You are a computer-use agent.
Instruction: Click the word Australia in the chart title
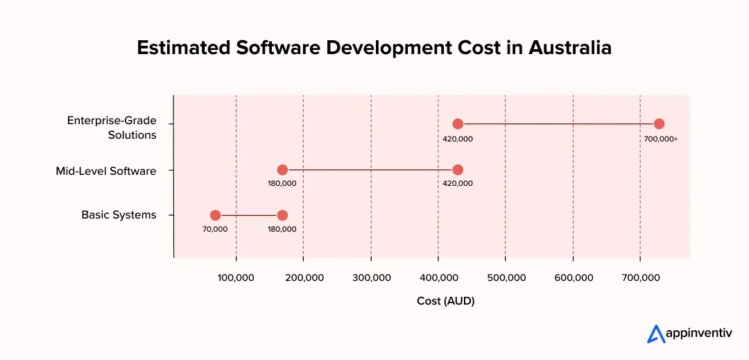(x=570, y=48)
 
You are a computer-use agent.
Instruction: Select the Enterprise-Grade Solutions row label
(x=112, y=128)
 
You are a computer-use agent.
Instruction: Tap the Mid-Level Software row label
(x=106, y=171)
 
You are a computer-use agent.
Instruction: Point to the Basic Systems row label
(x=119, y=215)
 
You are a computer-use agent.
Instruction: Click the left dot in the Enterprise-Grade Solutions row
(x=458, y=123)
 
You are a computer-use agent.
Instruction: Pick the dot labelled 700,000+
(x=659, y=123)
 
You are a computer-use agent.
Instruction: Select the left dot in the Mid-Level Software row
(x=282, y=170)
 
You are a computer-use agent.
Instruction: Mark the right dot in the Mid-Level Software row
(x=458, y=170)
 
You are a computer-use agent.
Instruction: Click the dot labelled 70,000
(x=215, y=215)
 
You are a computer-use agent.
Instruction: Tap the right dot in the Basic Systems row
(x=282, y=215)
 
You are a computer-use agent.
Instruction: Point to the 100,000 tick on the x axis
(x=236, y=277)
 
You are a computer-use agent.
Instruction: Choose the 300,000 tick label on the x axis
(x=371, y=277)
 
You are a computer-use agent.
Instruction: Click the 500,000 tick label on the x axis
(x=506, y=277)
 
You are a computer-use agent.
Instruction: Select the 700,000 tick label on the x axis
(x=640, y=277)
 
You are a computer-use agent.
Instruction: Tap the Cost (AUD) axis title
(x=445, y=301)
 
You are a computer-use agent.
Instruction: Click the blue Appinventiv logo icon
(x=655, y=334)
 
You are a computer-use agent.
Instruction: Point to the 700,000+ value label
(x=660, y=139)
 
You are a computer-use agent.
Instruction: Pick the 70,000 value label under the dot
(x=215, y=229)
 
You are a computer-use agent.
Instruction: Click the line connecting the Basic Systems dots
(x=248, y=215)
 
